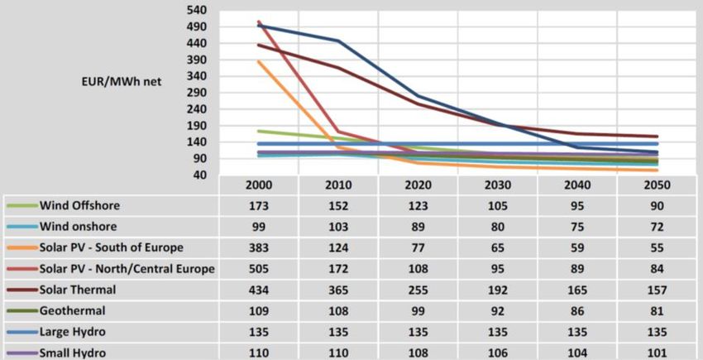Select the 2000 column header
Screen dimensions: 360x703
[x=261, y=184]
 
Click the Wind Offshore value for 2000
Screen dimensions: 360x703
[x=261, y=205]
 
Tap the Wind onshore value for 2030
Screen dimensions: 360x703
[x=500, y=227]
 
